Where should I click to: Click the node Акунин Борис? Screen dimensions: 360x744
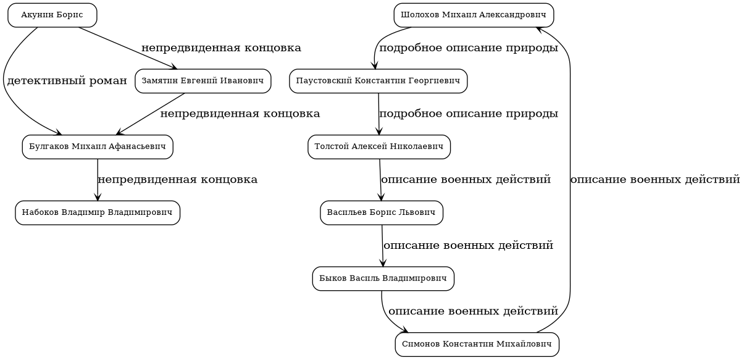pos(52,15)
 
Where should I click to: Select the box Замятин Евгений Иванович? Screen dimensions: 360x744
pos(203,81)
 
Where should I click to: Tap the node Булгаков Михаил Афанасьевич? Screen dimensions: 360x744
pos(98,147)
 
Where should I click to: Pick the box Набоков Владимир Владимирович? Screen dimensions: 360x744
pos(98,213)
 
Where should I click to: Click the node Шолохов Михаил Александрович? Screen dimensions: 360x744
pos(474,15)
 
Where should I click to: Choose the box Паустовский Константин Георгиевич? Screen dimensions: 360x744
pos(378,81)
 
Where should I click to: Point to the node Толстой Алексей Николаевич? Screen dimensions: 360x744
pos(379,147)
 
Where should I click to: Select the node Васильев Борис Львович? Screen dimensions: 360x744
pos(382,213)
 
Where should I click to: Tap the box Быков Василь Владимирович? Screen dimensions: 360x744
pos(383,278)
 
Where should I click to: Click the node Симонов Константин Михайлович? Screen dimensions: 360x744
pos(477,345)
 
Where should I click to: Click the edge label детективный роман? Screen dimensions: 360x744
pos(67,81)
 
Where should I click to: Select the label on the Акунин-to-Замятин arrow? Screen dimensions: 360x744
pos(221,48)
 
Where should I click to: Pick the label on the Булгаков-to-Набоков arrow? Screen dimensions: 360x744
pos(177,180)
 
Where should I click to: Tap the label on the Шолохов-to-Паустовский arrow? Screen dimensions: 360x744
pos(469,48)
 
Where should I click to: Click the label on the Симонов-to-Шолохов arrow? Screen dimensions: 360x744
pos(654,180)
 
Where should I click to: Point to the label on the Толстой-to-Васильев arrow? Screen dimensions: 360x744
pos(466,180)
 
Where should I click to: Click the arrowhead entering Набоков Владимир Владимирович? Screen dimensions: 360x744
pos(98,197)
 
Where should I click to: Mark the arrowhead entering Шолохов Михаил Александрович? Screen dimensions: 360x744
pos(539,29)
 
